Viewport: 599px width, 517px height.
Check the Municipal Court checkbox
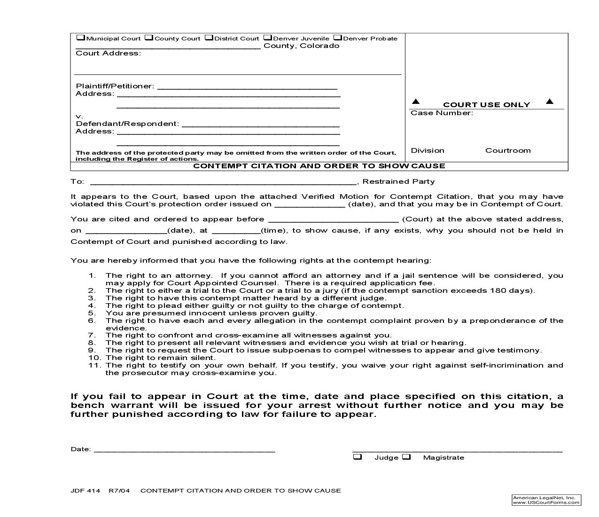[x=80, y=38]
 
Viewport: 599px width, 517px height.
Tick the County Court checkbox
[x=149, y=38]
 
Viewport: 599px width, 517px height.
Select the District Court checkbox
[x=209, y=38]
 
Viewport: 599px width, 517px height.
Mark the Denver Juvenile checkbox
[x=267, y=38]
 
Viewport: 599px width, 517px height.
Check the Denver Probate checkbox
[x=337, y=38]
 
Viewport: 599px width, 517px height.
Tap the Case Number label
[x=442, y=113]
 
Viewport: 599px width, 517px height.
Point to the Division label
[x=428, y=150]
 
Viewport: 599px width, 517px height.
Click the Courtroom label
[x=508, y=150]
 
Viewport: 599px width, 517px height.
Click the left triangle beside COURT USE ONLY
[x=416, y=102]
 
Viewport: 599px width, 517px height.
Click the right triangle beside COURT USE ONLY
[x=550, y=102]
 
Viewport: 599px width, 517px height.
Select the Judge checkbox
[x=358, y=457]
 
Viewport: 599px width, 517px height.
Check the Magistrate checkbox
[x=406, y=457]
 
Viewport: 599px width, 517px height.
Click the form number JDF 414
[x=86, y=491]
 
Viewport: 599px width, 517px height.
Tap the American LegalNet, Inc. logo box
[x=546, y=500]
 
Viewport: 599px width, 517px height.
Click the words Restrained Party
[x=398, y=181]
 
